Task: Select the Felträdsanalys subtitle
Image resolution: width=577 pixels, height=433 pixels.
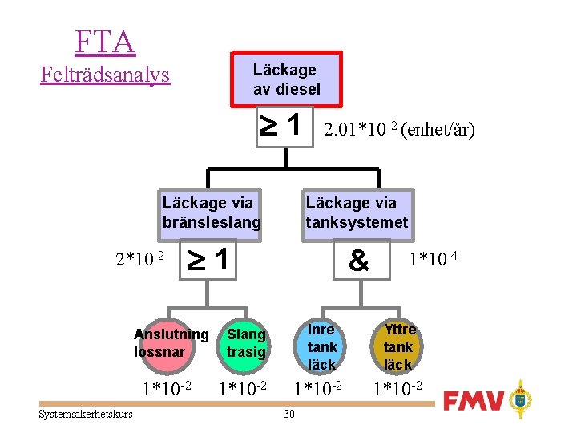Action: (x=105, y=75)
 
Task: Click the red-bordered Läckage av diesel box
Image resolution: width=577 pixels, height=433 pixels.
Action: (x=286, y=79)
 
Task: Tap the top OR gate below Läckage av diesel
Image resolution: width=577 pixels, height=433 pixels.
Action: (x=282, y=126)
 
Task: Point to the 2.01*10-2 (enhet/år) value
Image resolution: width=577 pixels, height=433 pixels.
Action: (x=398, y=129)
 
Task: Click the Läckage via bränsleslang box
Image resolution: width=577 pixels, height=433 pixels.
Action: (x=212, y=212)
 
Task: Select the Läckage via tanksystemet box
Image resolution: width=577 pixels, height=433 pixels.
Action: (x=357, y=212)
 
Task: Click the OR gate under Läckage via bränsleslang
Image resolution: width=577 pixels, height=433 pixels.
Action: (x=212, y=260)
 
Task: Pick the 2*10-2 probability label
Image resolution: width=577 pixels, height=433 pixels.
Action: (x=140, y=260)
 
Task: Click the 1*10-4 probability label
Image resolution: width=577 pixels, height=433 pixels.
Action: (x=433, y=260)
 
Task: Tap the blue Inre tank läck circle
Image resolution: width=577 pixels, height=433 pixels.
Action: (x=321, y=346)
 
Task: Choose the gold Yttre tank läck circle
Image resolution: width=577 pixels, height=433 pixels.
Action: (x=398, y=346)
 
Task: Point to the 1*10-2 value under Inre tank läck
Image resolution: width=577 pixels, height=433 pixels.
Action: (x=317, y=390)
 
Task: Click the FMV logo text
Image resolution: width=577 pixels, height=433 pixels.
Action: (x=475, y=399)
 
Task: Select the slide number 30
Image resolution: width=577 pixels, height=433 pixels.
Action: (x=289, y=414)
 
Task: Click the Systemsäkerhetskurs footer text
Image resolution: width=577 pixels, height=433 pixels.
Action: (x=85, y=414)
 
